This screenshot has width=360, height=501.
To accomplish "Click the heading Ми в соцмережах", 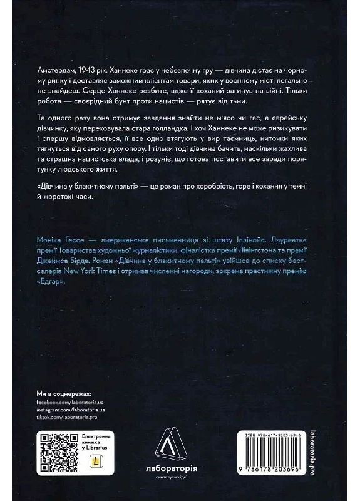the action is pyautogui.click(x=64, y=390).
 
